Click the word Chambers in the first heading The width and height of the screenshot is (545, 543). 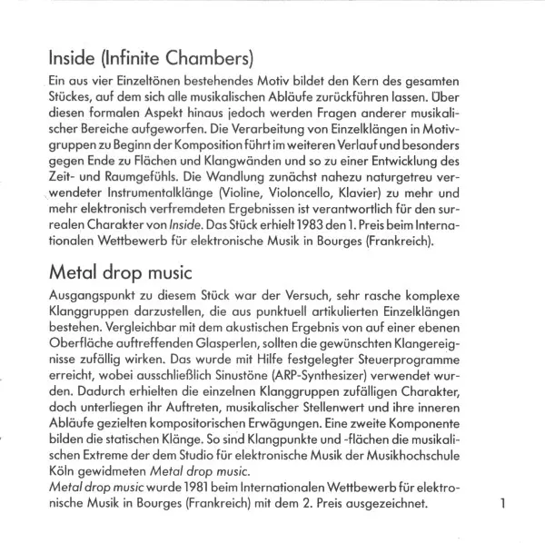coord(208,61)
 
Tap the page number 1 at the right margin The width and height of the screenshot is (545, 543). coord(502,502)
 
